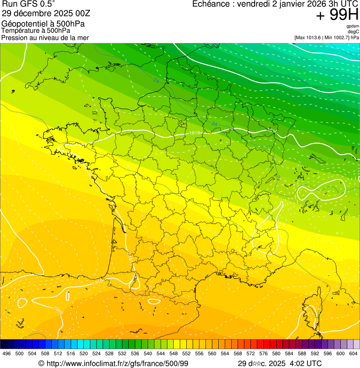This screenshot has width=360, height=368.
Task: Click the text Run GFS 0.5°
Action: tap(29, 4)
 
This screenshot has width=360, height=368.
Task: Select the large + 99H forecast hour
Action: tap(337, 15)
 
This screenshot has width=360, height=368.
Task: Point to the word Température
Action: tap(21, 31)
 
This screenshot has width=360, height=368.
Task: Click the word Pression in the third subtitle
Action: tap(14, 37)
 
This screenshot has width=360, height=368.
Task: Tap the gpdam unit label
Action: tap(353, 26)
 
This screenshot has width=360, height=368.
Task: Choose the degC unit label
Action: tap(354, 31)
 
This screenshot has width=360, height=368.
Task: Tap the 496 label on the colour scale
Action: tap(7, 353)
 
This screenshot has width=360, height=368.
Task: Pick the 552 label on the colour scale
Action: tap(186, 353)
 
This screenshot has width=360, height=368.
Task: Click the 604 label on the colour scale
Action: tap(353, 353)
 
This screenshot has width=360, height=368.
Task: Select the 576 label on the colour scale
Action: tap(264, 353)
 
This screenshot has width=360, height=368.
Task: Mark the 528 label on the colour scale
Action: tap(109, 353)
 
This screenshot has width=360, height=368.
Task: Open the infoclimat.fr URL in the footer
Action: tap(117, 363)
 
